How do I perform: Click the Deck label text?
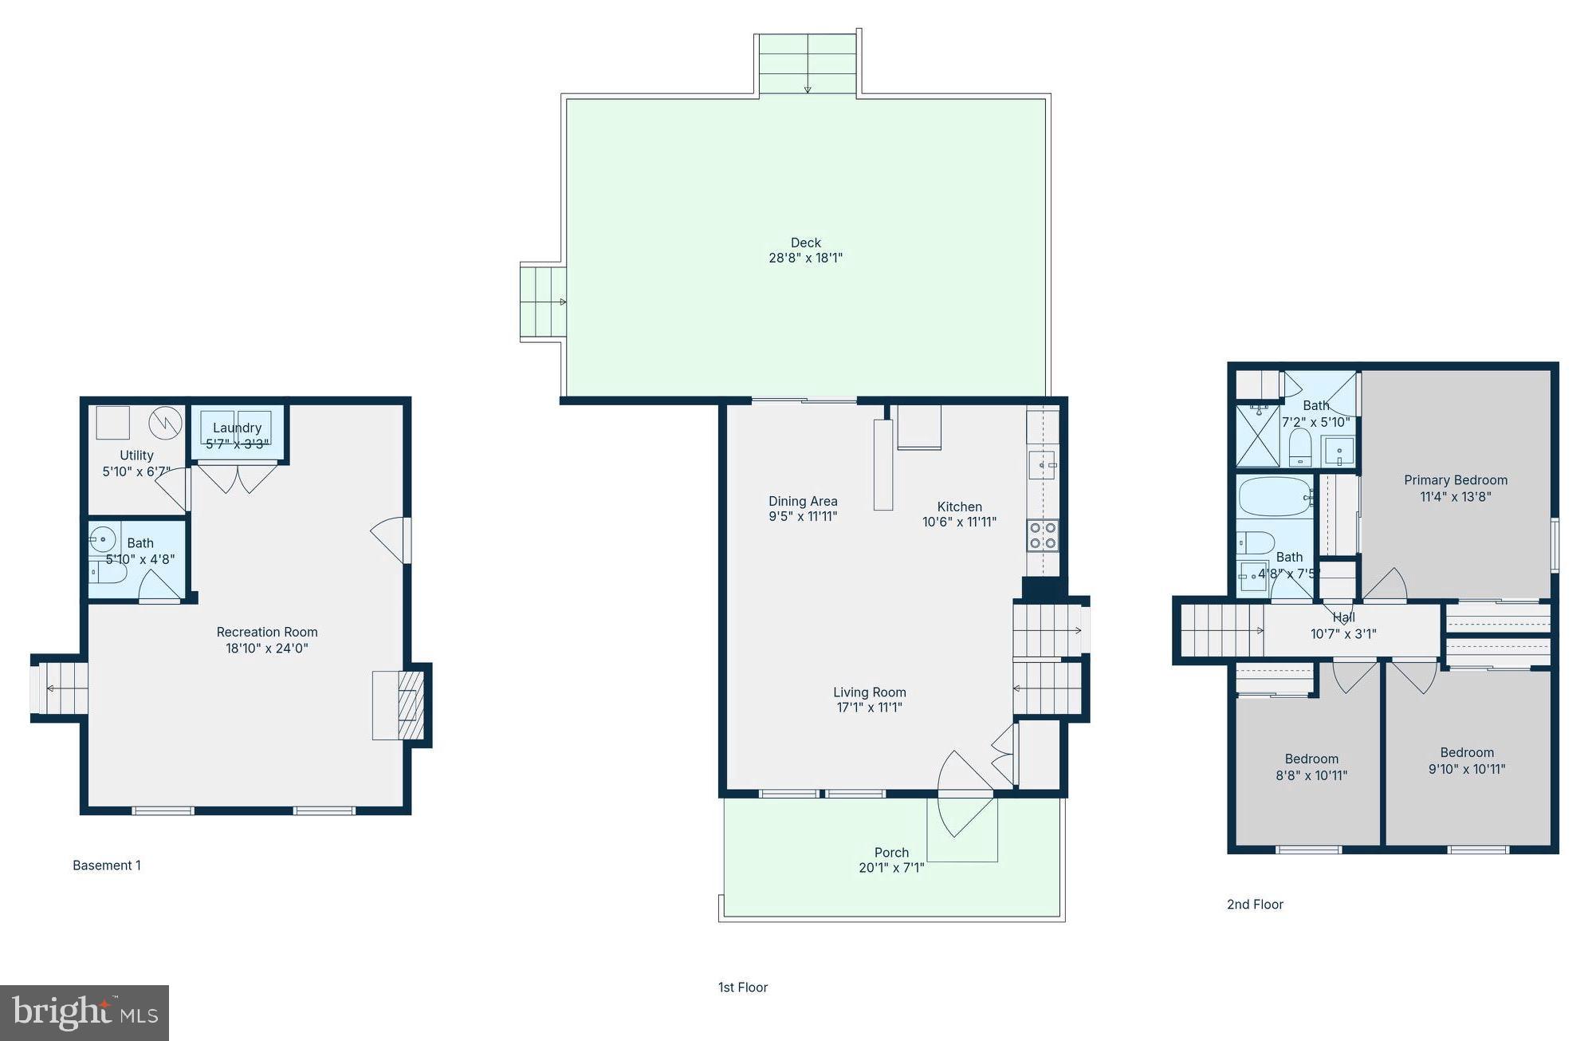pos(805,243)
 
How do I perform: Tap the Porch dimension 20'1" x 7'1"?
pos(891,868)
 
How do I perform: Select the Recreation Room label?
pos(267,632)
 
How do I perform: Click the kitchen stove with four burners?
pos(1042,535)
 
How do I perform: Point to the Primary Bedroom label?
pos(1455,480)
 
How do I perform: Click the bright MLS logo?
pos(84,1013)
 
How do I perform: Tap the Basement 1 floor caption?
pos(107,866)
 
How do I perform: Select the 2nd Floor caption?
pos(1255,904)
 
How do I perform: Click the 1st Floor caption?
pos(742,988)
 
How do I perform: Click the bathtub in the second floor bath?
pos(1274,497)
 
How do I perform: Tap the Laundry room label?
pos(237,428)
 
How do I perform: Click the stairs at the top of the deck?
pos(807,65)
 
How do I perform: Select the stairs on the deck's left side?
pos(543,302)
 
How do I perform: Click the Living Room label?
pos(869,692)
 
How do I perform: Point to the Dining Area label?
pos(803,501)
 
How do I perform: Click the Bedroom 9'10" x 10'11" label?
pos(1466,753)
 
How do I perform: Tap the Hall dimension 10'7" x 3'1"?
pos(1343,634)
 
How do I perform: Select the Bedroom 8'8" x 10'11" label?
pos(1311,759)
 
